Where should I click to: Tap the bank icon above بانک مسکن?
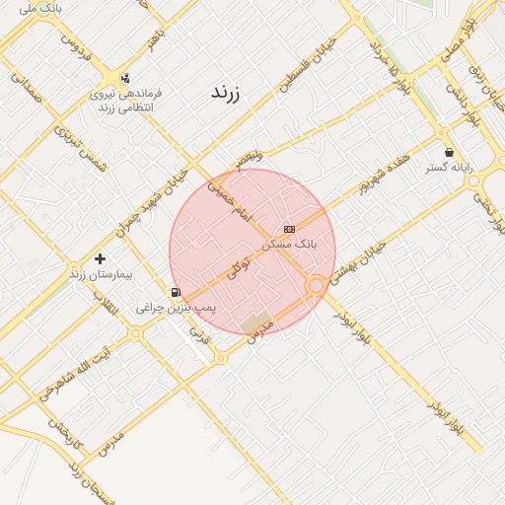[289, 229]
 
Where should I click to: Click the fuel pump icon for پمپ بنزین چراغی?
[176, 292]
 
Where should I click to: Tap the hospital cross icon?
[100, 258]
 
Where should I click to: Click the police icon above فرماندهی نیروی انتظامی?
[125, 79]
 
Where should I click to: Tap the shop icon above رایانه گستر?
[450, 153]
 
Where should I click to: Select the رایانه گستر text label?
[450, 168]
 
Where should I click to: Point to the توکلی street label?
[239, 266]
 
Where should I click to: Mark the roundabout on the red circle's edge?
[317, 286]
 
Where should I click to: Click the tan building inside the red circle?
[257, 323]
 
